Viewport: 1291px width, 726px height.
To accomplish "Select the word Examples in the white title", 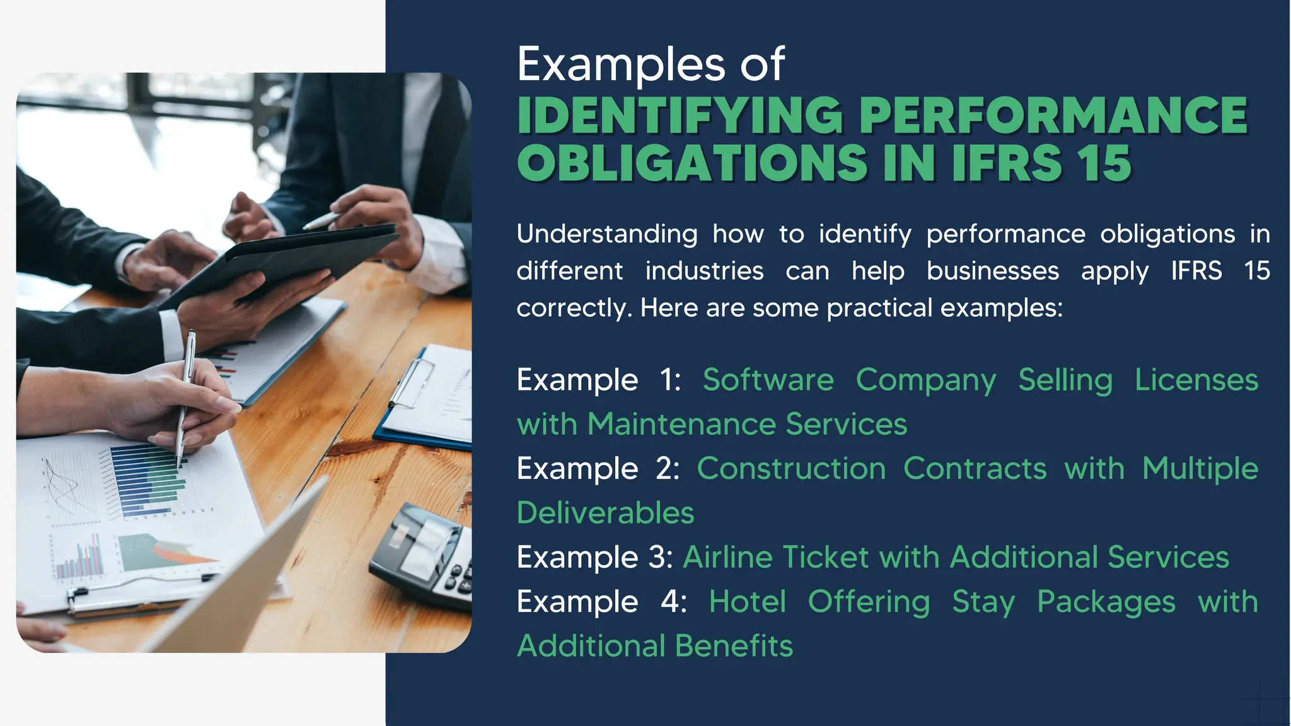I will coord(621,64).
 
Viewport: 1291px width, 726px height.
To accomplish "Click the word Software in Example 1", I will coord(768,380).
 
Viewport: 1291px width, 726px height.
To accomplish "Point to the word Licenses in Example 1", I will coord(1196,380).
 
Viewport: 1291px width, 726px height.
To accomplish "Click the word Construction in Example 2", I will coord(791,469).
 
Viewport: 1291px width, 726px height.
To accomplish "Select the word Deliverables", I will coord(605,513).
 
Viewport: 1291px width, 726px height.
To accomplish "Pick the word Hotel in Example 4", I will coord(747,602).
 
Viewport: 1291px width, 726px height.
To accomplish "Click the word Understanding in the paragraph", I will coord(606,234).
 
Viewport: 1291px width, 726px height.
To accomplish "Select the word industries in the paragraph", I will coord(704,272).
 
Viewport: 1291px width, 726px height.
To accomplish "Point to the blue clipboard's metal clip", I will coord(410,381).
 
